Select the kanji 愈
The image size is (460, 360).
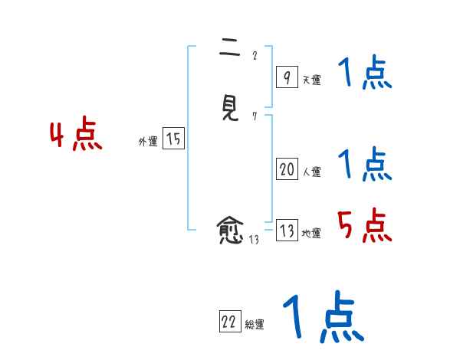click(230, 229)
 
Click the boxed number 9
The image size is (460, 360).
click(286, 77)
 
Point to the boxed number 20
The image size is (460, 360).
click(287, 170)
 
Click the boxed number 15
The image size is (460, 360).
click(173, 139)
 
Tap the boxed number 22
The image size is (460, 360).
click(229, 322)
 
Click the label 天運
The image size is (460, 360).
click(311, 80)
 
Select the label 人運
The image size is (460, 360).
click(311, 172)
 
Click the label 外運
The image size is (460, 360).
click(148, 142)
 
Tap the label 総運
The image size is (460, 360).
click(255, 325)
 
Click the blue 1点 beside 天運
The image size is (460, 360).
click(365, 74)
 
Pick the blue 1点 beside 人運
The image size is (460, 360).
click(365, 164)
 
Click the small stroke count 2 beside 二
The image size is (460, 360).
click(255, 55)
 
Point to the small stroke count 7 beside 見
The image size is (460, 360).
click(255, 116)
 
